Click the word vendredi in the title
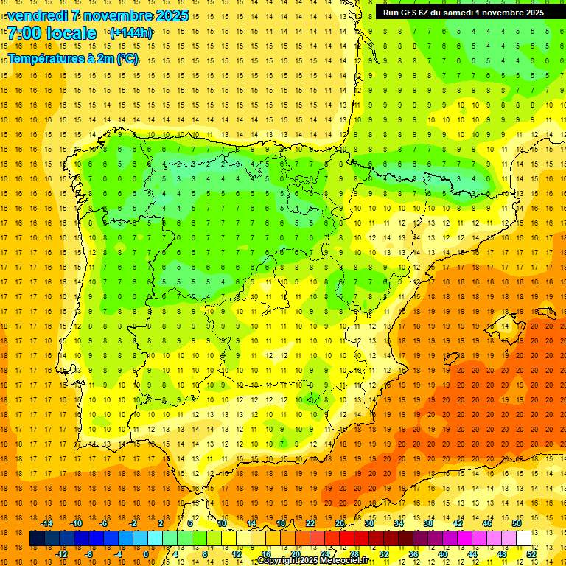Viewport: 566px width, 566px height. pyautogui.click(x=39, y=15)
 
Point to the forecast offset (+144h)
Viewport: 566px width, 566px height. pyautogui.click(x=130, y=33)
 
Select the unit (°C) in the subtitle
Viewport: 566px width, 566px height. pyautogui.click(x=127, y=58)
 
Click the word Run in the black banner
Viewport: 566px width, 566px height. pyautogui.click(x=391, y=12)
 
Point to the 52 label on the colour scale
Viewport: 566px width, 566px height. pyautogui.click(x=531, y=554)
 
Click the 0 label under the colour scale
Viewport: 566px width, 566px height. pyautogui.click(x=146, y=554)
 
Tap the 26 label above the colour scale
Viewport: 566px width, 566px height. pyautogui.click(x=340, y=523)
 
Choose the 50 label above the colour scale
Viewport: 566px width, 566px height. pyautogui.click(x=517, y=523)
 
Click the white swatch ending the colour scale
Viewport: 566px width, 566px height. pyautogui.click(x=524, y=539)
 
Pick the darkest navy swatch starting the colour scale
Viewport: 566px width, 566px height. pyautogui.click(x=37, y=539)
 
